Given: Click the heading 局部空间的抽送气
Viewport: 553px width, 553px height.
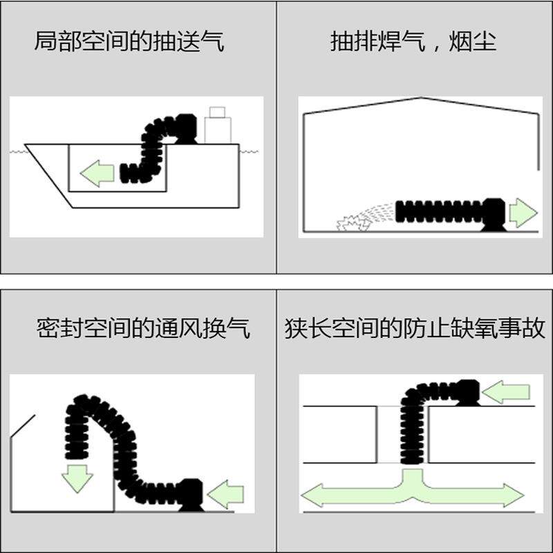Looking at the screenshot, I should [129, 42].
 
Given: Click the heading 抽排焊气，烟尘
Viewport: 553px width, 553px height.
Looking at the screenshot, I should [413, 42].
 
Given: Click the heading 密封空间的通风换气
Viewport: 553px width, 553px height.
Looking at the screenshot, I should [143, 328].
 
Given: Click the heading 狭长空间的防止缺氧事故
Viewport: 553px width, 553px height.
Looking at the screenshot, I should [415, 328].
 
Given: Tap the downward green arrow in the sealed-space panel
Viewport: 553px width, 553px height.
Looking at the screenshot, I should [77, 477].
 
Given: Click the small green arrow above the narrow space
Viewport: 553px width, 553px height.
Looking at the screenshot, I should [505, 392].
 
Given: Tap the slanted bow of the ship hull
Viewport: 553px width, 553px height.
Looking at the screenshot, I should [48, 176].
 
